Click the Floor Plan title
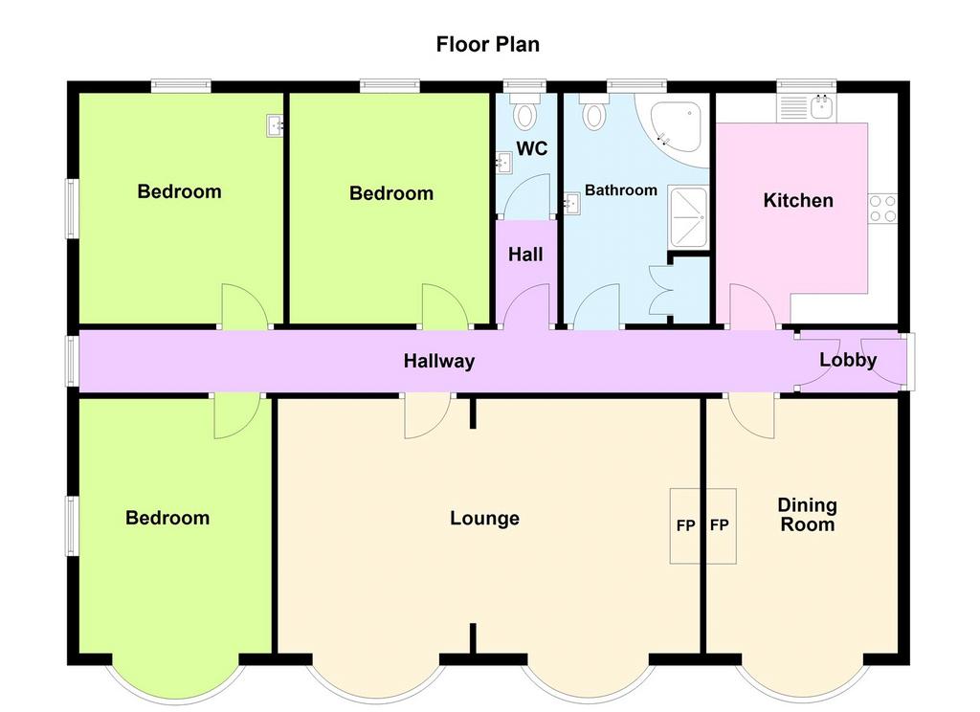pos(487,44)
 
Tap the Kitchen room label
pos(798,200)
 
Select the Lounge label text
pos(484,519)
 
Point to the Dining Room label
pos(807,515)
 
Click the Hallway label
pos(438,361)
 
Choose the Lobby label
pos(848,360)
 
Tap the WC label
pos(532,148)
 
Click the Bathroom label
pos(620,190)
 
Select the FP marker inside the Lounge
pos(685,525)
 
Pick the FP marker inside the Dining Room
pos(720,525)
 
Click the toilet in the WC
pos(525,110)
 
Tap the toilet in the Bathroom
pos(593,110)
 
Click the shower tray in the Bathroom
pos(688,216)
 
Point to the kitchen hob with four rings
pos(882,209)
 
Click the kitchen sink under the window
pos(807,107)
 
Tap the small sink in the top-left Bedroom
pos(275,125)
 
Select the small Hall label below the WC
pos(525,255)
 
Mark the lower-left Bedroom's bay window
pos(176,680)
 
